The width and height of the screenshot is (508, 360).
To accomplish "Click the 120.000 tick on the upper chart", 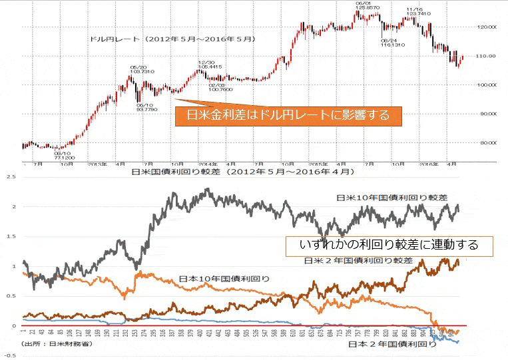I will (488, 27).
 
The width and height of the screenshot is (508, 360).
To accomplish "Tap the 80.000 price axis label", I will (488, 142).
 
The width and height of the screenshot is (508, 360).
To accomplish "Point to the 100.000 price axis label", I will (488, 85).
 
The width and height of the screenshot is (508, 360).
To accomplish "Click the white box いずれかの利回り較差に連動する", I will (389, 245).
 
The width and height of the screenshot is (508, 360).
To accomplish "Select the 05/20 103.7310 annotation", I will (141, 69).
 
